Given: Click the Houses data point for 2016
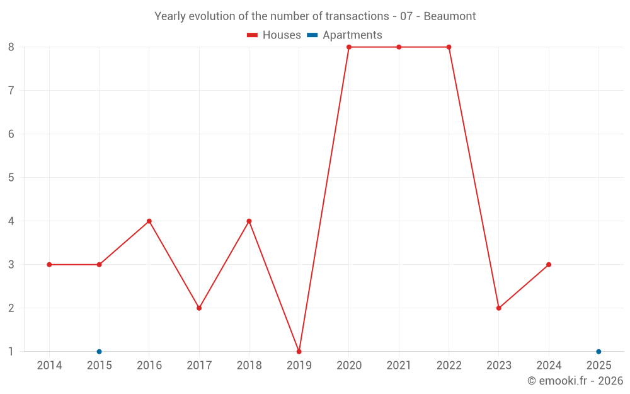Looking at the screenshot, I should (149, 221).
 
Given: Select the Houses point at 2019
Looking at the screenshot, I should (299, 352).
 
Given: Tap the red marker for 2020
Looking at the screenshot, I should (349, 47).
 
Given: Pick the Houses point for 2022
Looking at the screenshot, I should (449, 47).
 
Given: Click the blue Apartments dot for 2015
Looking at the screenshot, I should (99, 352).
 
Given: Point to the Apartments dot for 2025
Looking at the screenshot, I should (598, 352).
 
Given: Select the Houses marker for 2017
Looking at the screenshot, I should (199, 308).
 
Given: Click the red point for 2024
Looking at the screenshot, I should (549, 265).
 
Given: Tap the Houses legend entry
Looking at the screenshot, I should (274, 35).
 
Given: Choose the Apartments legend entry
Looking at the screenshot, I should (345, 35).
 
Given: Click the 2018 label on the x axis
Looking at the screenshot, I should (249, 366).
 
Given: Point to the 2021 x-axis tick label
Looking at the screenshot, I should (399, 366).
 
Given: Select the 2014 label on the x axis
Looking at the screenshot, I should (49, 366).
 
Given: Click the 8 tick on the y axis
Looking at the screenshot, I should (11, 47).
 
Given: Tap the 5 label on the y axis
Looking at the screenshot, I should (11, 178).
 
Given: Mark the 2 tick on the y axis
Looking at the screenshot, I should (11, 308).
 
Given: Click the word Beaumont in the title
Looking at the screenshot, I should (449, 16).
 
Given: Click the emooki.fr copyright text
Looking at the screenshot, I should (575, 381).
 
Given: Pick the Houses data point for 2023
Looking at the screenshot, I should (499, 308).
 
